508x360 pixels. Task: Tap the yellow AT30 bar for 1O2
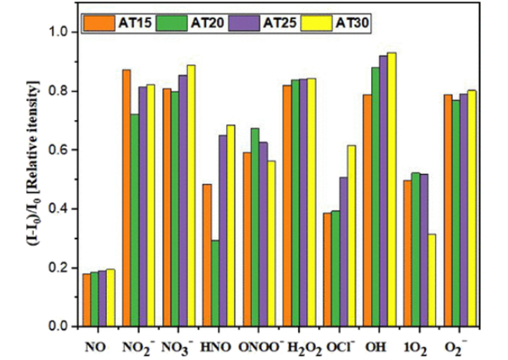pyautogui.click(x=432, y=280)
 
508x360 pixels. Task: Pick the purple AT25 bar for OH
pyautogui.click(x=383, y=191)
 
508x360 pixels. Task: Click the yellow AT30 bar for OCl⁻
pyautogui.click(x=351, y=236)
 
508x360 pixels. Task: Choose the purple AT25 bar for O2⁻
pyautogui.click(x=463, y=211)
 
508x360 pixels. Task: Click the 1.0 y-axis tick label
pyautogui.click(x=61, y=32)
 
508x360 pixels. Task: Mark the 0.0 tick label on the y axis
pyautogui.click(x=61, y=327)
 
